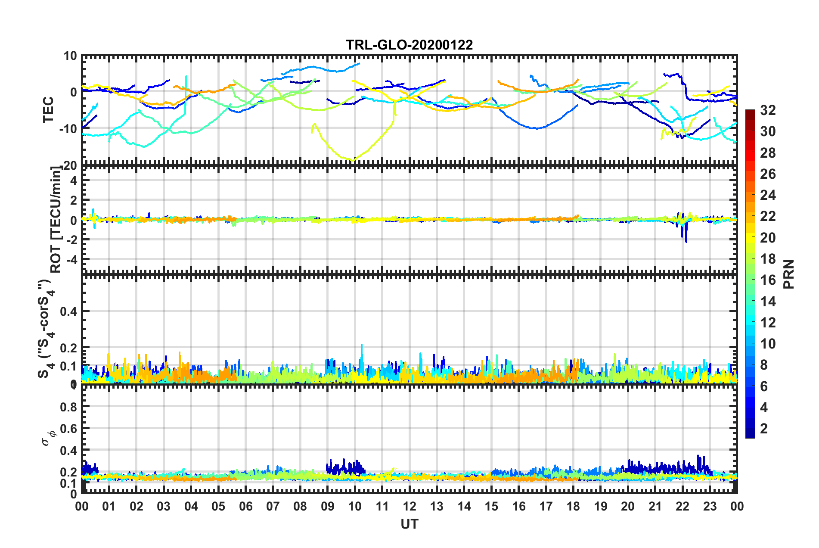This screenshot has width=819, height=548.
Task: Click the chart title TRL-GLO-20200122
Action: (409, 45)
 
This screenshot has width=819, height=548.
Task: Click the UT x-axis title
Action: (409, 524)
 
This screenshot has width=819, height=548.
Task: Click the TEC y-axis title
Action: (48, 109)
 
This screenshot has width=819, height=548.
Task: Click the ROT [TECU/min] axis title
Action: (56, 220)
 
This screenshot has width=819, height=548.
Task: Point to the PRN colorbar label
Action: (789, 274)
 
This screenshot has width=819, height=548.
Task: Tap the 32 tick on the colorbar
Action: (768, 110)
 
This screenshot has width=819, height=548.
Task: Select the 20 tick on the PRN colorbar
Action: (768, 237)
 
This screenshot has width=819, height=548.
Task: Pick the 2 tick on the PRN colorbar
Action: (764, 428)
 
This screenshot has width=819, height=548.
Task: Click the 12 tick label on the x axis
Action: (409, 506)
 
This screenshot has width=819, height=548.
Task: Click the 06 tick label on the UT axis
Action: (245, 506)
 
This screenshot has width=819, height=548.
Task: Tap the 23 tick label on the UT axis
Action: (710, 506)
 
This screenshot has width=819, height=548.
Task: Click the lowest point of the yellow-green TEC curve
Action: (353, 161)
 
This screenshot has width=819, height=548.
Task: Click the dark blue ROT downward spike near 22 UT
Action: (686, 241)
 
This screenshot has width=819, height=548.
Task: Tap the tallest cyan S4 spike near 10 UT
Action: (362, 345)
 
